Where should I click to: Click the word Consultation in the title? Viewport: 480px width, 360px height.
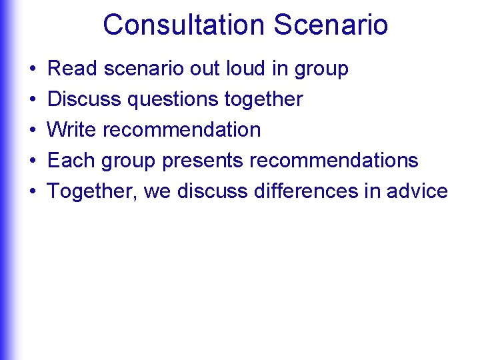(184, 25)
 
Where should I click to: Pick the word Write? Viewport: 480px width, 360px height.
(72, 129)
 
